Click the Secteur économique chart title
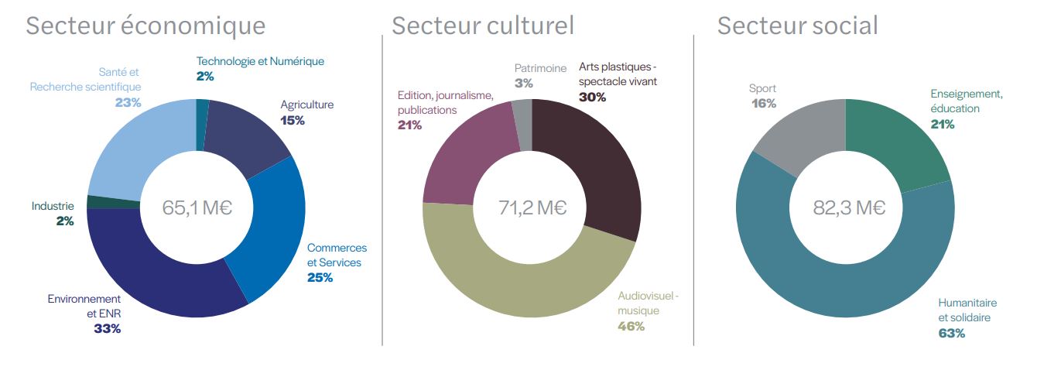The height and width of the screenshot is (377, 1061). click(x=145, y=26)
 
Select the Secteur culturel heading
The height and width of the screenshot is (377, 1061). click(x=483, y=26)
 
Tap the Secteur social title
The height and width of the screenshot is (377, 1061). click(x=797, y=26)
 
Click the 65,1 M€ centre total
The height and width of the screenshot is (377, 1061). click(x=197, y=207)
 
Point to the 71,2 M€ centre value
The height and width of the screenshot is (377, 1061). click(x=532, y=207)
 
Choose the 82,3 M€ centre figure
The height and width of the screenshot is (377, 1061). click(x=848, y=207)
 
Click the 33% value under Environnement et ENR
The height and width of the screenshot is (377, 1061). click(x=107, y=328)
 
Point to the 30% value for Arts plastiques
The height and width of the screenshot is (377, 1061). click(x=592, y=97)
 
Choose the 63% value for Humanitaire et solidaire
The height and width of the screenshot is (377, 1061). click(x=952, y=333)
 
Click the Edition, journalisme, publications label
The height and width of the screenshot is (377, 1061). click(x=445, y=102)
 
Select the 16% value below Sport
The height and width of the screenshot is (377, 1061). click(x=762, y=103)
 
